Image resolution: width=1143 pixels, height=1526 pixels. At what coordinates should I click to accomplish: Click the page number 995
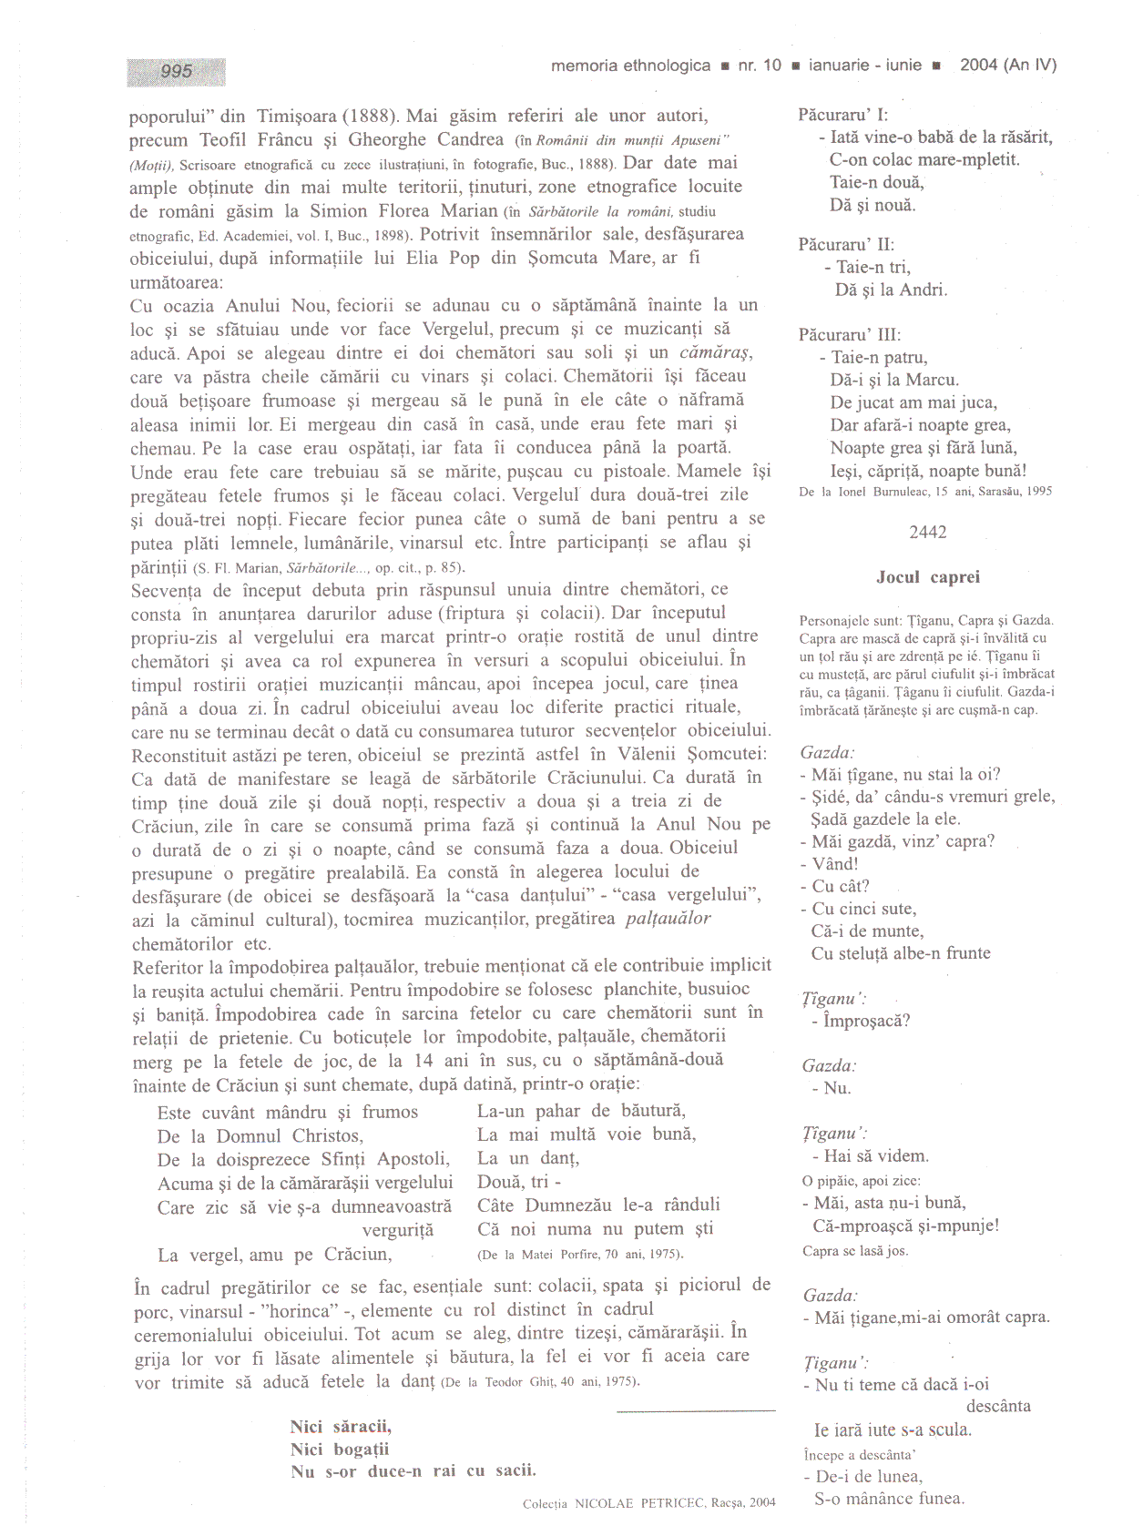point(177,71)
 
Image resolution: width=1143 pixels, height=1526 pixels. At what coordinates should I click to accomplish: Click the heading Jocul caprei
point(928,576)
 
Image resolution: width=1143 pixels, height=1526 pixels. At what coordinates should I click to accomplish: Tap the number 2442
point(928,532)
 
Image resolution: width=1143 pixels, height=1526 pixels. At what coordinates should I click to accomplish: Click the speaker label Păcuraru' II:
point(846,244)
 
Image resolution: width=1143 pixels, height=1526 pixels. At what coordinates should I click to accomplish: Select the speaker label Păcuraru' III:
point(850,334)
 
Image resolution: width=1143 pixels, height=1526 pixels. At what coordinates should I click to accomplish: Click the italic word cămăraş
point(716,352)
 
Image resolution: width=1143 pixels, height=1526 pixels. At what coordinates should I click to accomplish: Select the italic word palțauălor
point(668,918)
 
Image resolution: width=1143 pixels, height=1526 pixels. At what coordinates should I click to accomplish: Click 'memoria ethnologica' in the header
point(630,66)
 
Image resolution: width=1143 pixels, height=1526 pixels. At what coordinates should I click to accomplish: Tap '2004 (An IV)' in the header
point(1008,65)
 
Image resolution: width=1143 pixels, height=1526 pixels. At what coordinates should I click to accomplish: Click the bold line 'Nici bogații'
point(340,1449)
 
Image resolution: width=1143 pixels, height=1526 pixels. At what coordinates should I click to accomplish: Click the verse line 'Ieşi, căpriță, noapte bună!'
point(928,471)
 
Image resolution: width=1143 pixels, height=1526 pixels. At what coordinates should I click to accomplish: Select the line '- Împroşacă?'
point(862,1021)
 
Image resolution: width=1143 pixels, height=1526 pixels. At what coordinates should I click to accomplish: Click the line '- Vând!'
point(830,863)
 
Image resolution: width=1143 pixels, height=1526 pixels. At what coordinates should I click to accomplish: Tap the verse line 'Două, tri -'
point(519,1181)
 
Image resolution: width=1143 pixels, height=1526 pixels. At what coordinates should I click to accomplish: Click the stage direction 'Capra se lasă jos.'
point(855,1251)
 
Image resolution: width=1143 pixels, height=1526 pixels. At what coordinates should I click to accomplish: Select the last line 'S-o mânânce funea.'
point(889,1498)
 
